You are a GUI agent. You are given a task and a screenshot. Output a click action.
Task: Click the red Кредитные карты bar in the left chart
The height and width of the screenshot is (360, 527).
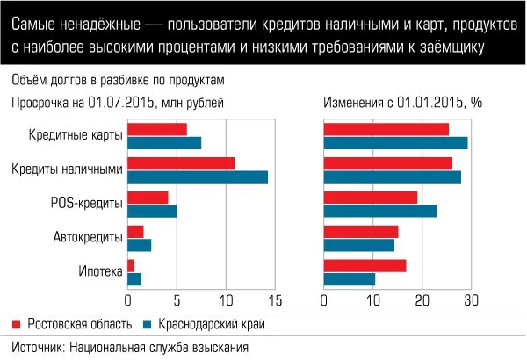pyautogui.click(x=157, y=129)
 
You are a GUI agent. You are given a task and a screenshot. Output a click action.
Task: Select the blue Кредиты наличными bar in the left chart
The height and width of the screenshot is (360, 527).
pyautogui.click(x=198, y=176)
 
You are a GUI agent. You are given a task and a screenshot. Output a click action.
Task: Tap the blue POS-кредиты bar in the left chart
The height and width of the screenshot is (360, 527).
pyautogui.click(x=152, y=211)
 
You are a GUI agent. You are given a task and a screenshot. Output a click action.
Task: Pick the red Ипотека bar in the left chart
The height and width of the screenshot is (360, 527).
pyautogui.click(x=131, y=265)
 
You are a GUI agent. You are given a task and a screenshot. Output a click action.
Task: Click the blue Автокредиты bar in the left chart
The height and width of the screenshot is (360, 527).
pyautogui.click(x=139, y=245)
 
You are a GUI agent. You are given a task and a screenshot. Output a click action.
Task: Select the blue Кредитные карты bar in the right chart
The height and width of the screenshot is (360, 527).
pyautogui.click(x=395, y=142)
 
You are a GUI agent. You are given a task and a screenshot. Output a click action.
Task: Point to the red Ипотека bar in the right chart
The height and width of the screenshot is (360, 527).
pyautogui.click(x=365, y=265)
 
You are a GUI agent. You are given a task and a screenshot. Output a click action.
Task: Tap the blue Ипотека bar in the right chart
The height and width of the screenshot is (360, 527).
pyautogui.click(x=350, y=279)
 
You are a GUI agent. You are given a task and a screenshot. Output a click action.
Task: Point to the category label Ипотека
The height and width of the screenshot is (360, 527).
pyautogui.click(x=101, y=272)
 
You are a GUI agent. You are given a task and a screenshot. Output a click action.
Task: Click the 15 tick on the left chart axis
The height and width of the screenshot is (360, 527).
pyautogui.click(x=276, y=301)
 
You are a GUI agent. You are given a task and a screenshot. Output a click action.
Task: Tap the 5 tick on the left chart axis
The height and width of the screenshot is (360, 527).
pyautogui.click(x=177, y=301)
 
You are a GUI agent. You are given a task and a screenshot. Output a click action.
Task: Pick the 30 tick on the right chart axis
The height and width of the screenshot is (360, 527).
pyautogui.click(x=471, y=301)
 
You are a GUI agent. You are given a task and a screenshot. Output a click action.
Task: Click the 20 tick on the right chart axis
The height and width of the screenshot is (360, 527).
pyautogui.click(x=422, y=301)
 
